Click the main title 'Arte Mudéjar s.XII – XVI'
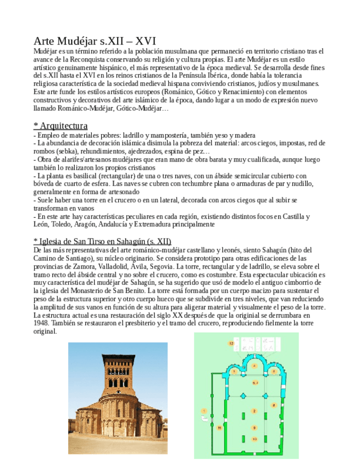(x=95, y=41)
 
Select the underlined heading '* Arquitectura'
(x=60, y=126)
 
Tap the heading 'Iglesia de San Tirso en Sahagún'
(x=102, y=241)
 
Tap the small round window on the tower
(x=117, y=369)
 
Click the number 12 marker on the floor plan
(x=231, y=343)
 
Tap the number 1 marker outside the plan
(x=204, y=410)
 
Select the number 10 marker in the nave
(x=254, y=439)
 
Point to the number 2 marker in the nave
(x=254, y=411)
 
